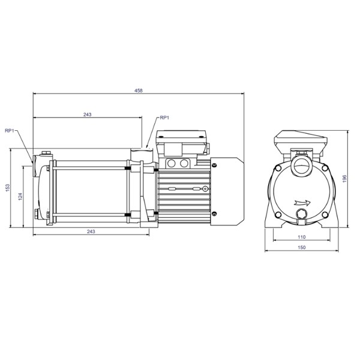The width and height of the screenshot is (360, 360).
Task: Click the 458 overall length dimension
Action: [x=139, y=91]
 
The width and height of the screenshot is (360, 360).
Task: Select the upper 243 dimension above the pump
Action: [x=88, y=114]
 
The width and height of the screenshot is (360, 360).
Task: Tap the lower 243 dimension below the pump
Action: [x=91, y=231]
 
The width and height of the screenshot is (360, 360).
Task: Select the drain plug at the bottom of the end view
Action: [x=301, y=214]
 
